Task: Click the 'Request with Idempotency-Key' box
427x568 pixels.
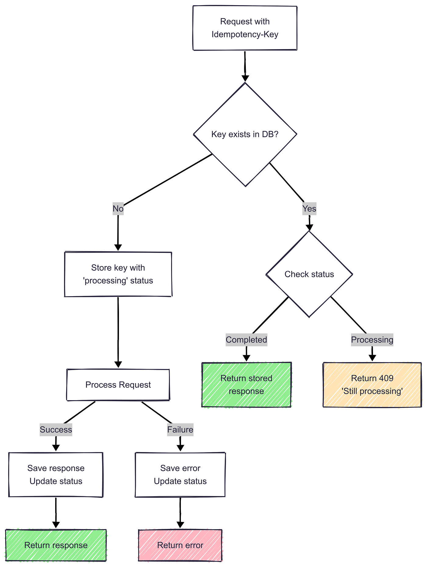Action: pos(245,28)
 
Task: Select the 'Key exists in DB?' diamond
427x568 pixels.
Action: pos(245,134)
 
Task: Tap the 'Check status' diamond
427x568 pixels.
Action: pos(309,274)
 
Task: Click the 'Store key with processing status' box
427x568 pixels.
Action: pos(118,274)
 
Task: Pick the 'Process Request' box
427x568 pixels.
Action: pos(118,385)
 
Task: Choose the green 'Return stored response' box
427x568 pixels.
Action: pos(246,385)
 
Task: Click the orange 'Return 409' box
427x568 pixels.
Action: pos(372,385)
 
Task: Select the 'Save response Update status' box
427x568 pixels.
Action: pos(56,475)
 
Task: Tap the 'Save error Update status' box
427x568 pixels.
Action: pos(180,475)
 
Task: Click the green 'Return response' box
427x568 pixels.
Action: pos(56,545)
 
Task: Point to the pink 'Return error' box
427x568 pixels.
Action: pos(180,545)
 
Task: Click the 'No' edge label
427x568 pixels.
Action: pos(118,209)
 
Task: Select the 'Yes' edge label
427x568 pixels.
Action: pos(309,209)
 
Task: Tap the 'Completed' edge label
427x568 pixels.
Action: pos(246,340)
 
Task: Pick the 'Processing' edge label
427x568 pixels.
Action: pos(372,340)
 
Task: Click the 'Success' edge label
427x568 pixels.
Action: pos(56,430)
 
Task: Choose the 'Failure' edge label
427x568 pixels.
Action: pos(180,430)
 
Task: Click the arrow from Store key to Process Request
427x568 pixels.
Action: pos(118,333)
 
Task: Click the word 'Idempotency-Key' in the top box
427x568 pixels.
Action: pos(245,34)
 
